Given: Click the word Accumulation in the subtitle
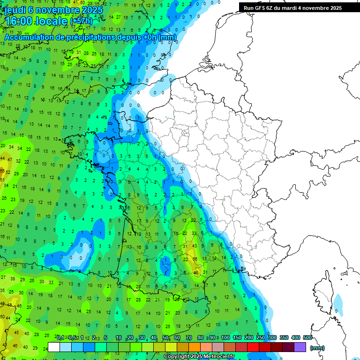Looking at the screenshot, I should (32, 37).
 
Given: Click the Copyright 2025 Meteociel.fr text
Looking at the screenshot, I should (199, 357).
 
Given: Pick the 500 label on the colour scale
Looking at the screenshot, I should (307, 337).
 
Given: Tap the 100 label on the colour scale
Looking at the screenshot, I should (225, 337).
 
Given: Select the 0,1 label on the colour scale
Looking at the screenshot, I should (60, 337).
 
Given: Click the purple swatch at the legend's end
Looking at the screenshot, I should (300, 347).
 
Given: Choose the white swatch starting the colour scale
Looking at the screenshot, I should (54, 347).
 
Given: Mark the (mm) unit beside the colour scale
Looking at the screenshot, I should (317, 348).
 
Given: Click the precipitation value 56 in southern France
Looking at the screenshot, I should (195, 259).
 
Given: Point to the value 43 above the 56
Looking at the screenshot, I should (195, 247).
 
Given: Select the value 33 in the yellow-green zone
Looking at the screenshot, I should (194, 233).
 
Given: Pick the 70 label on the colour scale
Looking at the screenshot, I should (188, 337).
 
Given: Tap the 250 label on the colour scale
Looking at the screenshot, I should (260, 337).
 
